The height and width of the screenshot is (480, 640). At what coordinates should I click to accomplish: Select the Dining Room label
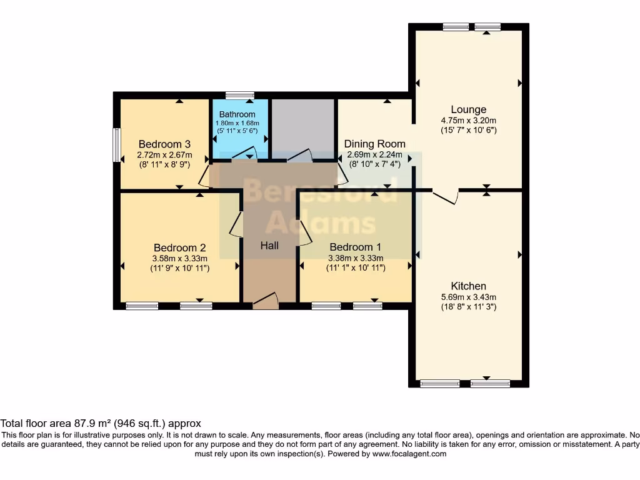[375, 144]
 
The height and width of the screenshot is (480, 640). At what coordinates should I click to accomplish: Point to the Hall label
[269, 246]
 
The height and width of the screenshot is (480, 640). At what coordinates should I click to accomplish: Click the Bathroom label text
[237, 114]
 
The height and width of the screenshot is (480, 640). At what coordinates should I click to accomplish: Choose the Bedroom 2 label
[179, 247]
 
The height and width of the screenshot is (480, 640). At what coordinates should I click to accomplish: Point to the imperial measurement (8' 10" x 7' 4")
[375, 164]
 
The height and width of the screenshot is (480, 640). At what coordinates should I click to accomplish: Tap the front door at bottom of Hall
[266, 301]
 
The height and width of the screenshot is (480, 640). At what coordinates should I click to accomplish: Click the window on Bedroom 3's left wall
[116, 145]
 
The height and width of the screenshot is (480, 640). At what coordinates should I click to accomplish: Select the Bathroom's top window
[240, 96]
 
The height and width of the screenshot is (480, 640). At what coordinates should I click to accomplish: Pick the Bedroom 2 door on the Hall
[236, 223]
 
